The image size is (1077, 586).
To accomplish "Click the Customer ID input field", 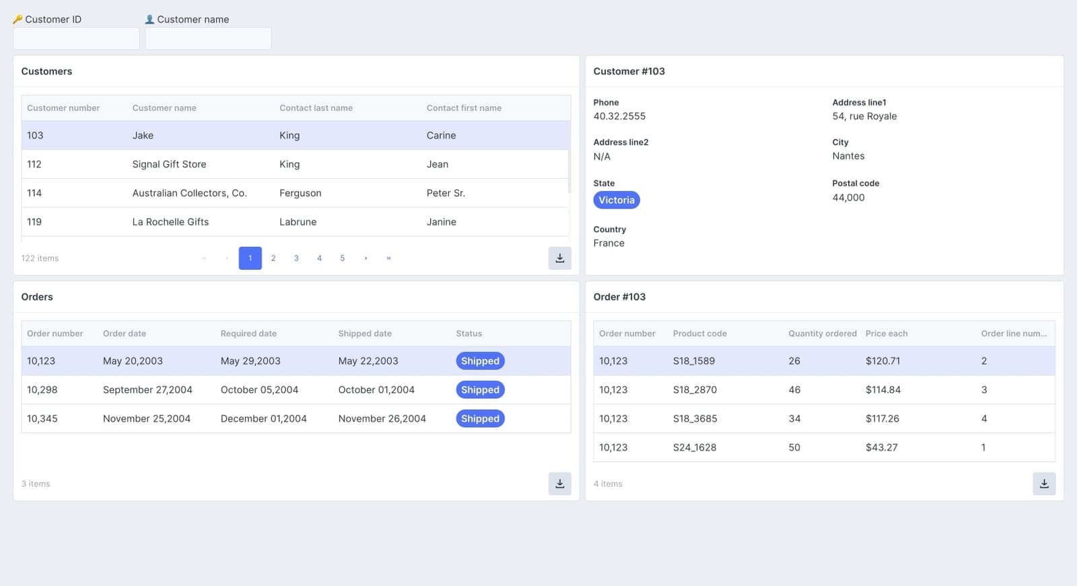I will pyautogui.click(x=76, y=38).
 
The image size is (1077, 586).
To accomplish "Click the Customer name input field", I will pyautogui.click(x=208, y=38).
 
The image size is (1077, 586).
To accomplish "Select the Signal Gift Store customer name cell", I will pyautogui.click(x=169, y=164).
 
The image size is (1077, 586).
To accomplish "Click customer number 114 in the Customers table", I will pyautogui.click(x=34, y=193).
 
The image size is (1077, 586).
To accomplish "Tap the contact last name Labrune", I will pyautogui.click(x=298, y=222).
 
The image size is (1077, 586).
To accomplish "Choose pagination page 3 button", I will pyautogui.click(x=296, y=258).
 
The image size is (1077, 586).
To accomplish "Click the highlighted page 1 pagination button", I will pyautogui.click(x=250, y=258).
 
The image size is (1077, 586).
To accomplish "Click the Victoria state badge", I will pyautogui.click(x=616, y=200).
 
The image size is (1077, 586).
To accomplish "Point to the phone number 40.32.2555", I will pyautogui.click(x=619, y=116).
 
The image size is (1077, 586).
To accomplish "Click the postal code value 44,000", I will pyautogui.click(x=848, y=198).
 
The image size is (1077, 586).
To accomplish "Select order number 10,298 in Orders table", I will pyautogui.click(x=42, y=390).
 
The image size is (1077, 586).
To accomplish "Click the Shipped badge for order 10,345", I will pyautogui.click(x=480, y=418).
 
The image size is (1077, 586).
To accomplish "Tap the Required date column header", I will pyautogui.click(x=248, y=334).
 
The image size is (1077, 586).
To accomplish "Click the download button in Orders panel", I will pyautogui.click(x=559, y=484).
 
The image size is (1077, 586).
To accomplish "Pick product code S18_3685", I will pyautogui.click(x=695, y=418).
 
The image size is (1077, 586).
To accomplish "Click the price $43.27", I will pyautogui.click(x=881, y=447).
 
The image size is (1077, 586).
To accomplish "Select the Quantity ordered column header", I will pyautogui.click(x=822, y=334).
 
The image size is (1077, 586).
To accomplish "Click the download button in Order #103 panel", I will pyautogui.click(x=1043, y=484).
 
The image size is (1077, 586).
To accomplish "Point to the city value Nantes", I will pyautogui.click(x=848, y=156).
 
